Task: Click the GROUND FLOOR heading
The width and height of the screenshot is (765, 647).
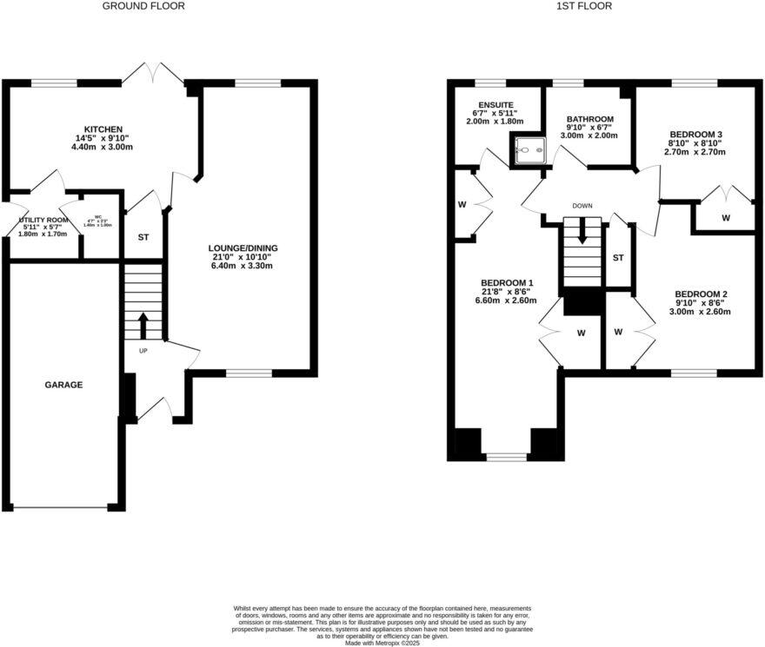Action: point(143,6)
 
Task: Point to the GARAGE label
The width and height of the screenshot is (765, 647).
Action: point(63,384)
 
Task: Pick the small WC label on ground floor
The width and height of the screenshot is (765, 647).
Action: point(98,220)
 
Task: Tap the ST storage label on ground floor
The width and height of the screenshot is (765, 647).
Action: point(143,236)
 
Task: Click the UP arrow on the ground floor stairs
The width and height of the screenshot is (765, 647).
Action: point(143,326)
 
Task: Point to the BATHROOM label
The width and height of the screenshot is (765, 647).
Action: point(589,119)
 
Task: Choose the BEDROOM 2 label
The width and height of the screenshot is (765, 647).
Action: point(701,294)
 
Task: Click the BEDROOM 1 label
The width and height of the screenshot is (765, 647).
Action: point(507,283)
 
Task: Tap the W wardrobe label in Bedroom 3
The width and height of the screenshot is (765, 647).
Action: point(725,217)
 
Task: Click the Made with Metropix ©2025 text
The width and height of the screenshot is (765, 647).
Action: point(382,643)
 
